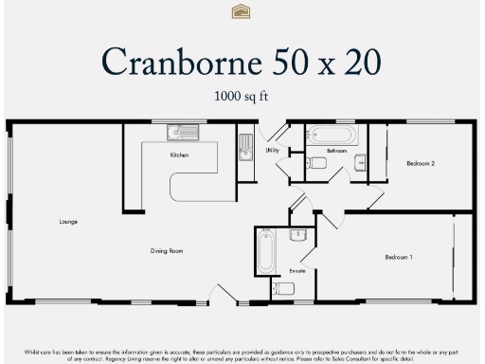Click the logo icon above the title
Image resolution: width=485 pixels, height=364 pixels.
pyautogui.click(x=242, y=11)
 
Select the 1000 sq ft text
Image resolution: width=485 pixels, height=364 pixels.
pyautogui.click(x=242, y=97)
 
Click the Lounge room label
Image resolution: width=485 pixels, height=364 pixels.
pyautogui.click(x=68, y=222)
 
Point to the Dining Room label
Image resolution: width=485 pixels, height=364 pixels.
pyautogui.click(x=166, y=251)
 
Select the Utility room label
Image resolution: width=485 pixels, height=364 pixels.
pyautogui.click(x=272, y=150)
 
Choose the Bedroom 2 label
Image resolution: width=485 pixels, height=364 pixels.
pyautogui.click(x=421, y=163)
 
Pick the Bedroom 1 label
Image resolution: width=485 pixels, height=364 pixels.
pyautogui.click(x=398, y=257)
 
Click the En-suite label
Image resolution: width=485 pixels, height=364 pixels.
pyautogui.click(x=298, y=271)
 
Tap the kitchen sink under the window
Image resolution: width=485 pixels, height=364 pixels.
pyautogui.click(x=181, y=133)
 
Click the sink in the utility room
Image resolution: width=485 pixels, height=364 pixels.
pyautogui.click(x=245, y=147)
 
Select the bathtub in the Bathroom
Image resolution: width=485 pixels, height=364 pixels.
pyautogui.click(x=332, y=134)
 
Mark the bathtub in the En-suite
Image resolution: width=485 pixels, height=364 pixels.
pyautogui.click(x=265, y=252)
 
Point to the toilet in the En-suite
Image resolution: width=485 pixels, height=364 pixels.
pyautogui.click(x=297, y=234)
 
